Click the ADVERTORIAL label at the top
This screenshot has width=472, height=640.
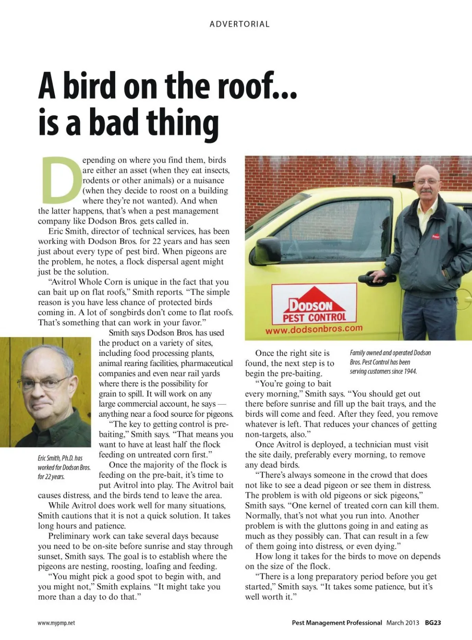(x=240, y=24)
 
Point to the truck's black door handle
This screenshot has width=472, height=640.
(x=375, y=278)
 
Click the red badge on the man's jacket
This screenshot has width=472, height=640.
(x=435, y=237)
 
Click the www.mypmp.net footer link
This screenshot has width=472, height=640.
(x=56, y=623)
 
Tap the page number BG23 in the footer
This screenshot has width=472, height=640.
(x=433, y=623)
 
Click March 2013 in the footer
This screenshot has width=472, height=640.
(x=403, y=623)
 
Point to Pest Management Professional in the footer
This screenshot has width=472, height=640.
(x=337, y=623)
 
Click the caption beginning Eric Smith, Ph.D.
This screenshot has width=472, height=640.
(x=64, y=467)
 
